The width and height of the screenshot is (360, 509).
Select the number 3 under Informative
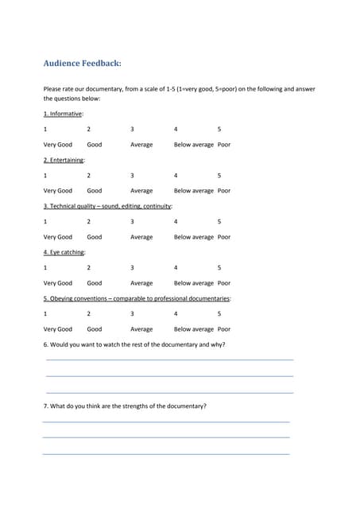pos(132,129)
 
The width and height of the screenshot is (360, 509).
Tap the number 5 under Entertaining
pos(219,175)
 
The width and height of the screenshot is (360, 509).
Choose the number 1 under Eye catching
pos(45,267)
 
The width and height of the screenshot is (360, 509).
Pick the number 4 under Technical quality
pos(176,221)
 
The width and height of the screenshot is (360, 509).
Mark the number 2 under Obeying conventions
pos(88,313)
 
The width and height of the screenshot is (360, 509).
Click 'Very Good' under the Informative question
pos(57,145)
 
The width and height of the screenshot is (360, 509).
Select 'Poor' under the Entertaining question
pos(224,191)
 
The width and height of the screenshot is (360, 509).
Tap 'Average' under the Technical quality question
pos(141,237)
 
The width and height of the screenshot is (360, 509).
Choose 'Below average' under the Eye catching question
pos(194,283)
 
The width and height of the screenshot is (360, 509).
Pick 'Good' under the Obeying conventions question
pos(95,329)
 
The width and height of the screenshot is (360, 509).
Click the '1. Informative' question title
pos(63,114)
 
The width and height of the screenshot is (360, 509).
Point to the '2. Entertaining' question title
pos(64,160)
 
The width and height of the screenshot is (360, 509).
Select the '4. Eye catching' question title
pos(64,252)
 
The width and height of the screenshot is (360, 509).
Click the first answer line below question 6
pos(169,360)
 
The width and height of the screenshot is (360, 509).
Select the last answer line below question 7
pos(165,453)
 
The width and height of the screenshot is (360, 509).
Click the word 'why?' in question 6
pos(217,344)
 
